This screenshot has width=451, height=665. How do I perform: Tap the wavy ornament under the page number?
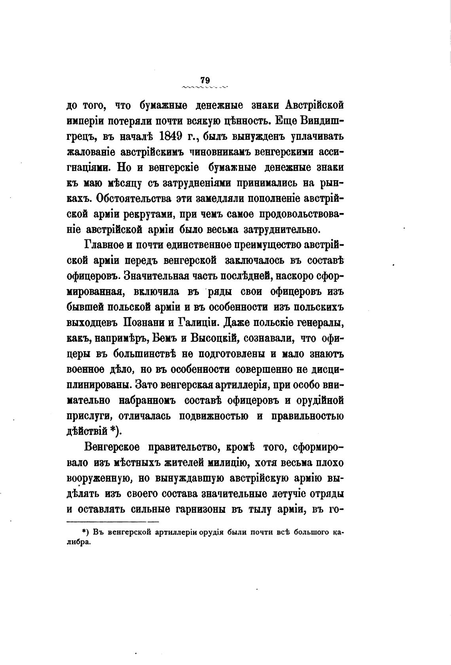point(205,87)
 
